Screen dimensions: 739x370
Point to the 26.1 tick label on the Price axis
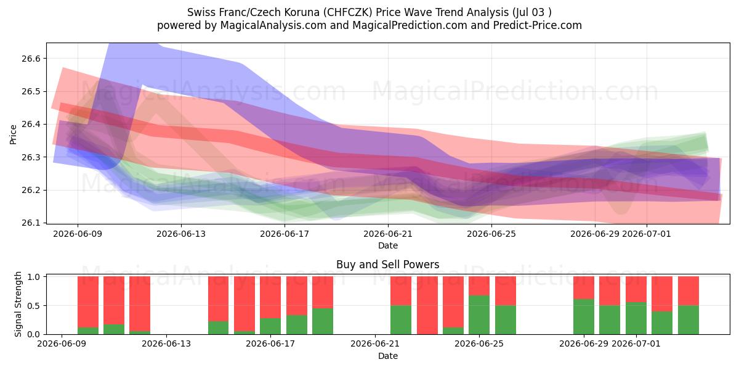(x=31, y=223)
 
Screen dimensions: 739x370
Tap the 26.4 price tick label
(x=31, y=125)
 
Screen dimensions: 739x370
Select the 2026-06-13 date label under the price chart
(x=181, y=234)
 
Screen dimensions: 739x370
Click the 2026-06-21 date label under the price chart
(x=388, y=234)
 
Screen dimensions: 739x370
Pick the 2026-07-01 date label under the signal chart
(x=636, y=344)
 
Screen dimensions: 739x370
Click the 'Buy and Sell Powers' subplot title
(x=387, y=265)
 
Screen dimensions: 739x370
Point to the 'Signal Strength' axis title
(x=18, y=304)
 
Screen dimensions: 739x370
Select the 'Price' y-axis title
(x=13, y=134)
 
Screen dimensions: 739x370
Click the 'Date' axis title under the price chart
(x=388, y=246)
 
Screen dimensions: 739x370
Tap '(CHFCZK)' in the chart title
(x=348, y=12)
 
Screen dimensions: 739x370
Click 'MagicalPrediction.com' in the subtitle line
(x=410, y=25)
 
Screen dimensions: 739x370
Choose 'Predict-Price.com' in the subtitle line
(x=538, y=25)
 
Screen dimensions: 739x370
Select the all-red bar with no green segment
(x=427, y=305)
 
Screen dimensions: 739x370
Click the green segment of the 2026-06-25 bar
(x=505, y=320)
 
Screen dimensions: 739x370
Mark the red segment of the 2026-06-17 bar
(x=270, y=297)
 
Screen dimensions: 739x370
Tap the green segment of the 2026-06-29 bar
(x=584, y=317)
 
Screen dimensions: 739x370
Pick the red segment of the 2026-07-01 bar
(x=636, y=289)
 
